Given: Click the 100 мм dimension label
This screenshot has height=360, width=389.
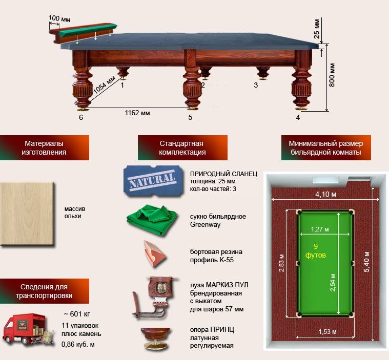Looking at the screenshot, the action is [59, 18].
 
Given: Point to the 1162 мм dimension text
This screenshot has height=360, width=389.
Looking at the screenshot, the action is [137, 113].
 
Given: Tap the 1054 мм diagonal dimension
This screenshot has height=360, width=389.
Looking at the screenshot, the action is [104, 84].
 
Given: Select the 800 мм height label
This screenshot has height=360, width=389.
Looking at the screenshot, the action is [332, 75].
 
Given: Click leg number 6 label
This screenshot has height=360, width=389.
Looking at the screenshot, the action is [81, 117].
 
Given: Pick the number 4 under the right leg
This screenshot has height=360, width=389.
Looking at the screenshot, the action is [298, 117].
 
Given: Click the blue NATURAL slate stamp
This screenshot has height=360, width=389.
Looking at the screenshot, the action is [153, 181].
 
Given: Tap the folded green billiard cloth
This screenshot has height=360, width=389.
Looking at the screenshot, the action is [152, 219].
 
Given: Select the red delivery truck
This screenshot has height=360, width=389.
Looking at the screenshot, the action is [28, 329].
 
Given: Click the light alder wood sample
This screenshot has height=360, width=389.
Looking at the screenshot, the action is [27, 214].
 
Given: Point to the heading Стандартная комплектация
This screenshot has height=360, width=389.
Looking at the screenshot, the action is [182, 148].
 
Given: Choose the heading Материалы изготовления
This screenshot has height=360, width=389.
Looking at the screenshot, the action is [44, 148].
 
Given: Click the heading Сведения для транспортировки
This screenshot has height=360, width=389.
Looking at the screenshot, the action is [44, 291].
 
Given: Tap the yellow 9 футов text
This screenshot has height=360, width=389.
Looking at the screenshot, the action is [316, 250].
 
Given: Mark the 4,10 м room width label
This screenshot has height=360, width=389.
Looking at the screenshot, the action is [326, 194].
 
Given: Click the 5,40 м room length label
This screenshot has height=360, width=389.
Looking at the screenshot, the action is [366, 262].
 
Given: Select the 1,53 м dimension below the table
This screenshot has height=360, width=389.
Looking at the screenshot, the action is [327, 331].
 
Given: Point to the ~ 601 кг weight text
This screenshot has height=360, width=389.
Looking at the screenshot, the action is [77, 314].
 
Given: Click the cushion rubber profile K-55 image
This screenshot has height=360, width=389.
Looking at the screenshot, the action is [154, 253].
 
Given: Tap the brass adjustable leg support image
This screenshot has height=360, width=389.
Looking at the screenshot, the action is [156, 338].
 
